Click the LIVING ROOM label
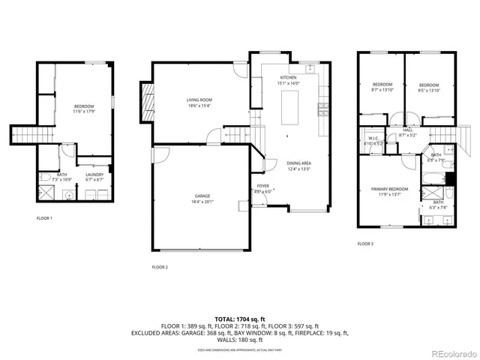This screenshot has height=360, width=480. coord(199,100)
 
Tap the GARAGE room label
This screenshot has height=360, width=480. coord(199,196)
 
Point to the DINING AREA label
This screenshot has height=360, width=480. coord(298,163)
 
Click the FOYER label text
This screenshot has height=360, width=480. coord(262,187)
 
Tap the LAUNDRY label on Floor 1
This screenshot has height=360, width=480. coord(94,174)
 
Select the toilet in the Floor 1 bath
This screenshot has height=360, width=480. coord(45,178)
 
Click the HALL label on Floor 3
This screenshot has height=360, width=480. coord(407,130)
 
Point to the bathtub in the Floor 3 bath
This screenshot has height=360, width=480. coord(434,180)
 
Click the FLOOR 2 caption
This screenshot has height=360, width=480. coord(160,267)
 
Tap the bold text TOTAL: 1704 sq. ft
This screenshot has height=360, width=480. coord(239,319)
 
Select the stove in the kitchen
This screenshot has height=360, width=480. coord(323,109)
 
